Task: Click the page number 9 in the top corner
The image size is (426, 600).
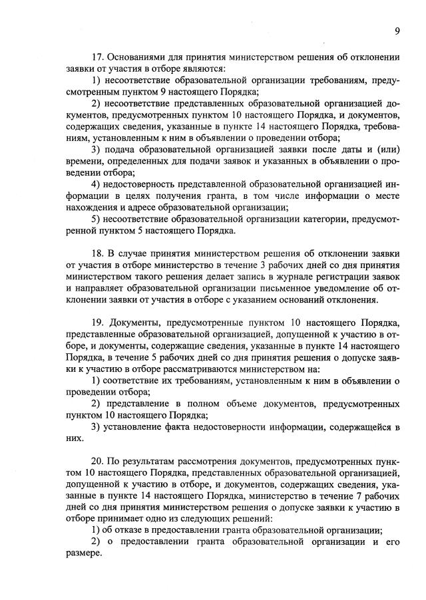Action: pyautogui.click(x=397, y=31)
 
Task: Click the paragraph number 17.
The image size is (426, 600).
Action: pyautogui.click(x=98, y=57)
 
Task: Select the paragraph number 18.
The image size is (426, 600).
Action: pyautogui.click(x=98, y=254)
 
